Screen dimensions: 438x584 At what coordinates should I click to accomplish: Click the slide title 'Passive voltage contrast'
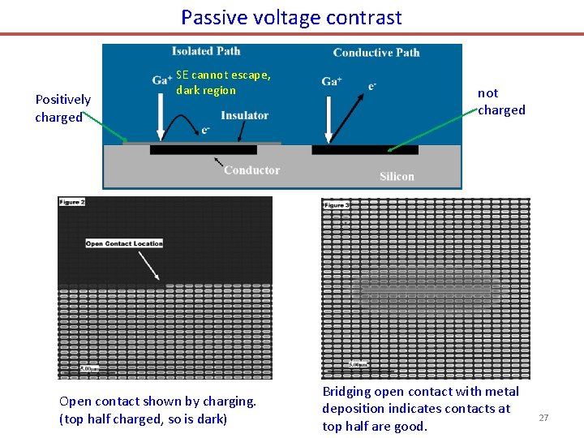point(291,17)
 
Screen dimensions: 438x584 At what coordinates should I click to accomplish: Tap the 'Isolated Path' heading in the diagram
point(206,51)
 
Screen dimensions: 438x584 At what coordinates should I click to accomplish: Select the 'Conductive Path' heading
point(376,53)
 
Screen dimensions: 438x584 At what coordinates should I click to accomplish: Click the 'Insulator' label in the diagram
point(244,116)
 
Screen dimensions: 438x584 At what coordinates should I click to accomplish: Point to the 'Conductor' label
point(251,170)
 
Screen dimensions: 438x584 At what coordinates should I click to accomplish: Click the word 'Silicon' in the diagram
point(397,176)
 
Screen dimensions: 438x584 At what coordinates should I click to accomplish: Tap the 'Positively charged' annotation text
point(62,108)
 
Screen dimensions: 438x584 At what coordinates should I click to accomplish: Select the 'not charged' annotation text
point(500,101)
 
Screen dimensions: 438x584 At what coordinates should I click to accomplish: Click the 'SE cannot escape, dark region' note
point(223,83)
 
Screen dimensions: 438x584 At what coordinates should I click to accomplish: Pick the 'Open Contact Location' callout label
point(124,243)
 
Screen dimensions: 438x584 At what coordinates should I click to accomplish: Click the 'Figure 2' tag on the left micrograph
point(71,202)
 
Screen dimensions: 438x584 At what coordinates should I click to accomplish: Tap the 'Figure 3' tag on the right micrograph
point(336,205)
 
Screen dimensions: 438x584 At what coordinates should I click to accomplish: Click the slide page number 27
point(543,418)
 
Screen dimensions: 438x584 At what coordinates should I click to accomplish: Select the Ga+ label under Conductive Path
point(331,81)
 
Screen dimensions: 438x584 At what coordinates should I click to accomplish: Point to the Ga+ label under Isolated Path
point(161,79)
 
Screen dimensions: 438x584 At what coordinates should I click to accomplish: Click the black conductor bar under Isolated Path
point(203,150)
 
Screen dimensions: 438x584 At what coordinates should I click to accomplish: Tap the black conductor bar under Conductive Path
point(365,150)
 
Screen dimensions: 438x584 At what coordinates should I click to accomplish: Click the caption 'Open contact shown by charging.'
point(157,401)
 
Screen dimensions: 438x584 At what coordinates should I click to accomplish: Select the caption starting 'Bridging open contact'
point(420,409)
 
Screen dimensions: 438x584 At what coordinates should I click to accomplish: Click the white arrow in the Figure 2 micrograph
point(148,266)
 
